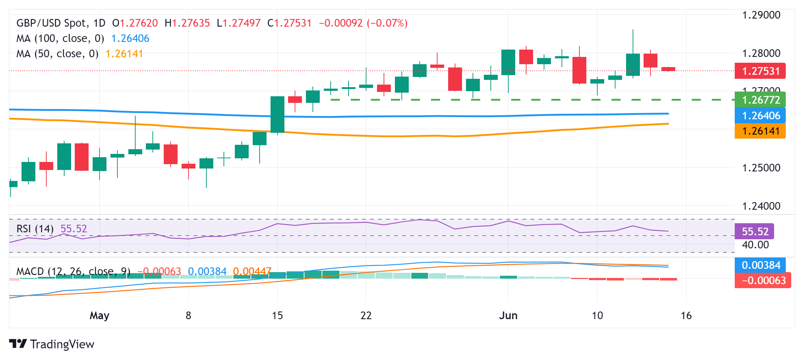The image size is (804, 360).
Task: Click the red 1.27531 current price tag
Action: (760, 71)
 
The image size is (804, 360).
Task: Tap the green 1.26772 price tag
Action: (760, 100)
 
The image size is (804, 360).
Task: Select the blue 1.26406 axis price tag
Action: (760, 116)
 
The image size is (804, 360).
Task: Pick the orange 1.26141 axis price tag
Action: (760, 131)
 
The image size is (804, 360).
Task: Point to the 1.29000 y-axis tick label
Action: (761, 15)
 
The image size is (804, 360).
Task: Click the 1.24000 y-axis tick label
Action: (761, 206)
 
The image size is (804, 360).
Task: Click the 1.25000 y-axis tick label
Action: (761, 168)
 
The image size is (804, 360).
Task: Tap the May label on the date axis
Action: (100, 316)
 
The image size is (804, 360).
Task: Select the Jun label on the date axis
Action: (508, 316)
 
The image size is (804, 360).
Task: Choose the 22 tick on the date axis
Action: (366, 316)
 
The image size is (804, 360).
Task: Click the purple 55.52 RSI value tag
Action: (754, 231)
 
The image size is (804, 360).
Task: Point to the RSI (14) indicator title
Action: (35, 229)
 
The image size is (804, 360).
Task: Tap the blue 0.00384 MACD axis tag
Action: (760, 265)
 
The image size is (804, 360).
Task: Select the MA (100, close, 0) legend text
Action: (60, 38)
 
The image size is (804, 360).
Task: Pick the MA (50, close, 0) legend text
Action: (57, 54)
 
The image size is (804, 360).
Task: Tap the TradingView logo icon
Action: (18, 344)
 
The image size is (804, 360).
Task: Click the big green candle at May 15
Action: (277, 115)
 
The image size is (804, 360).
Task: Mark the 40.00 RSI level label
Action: (755, 245)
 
